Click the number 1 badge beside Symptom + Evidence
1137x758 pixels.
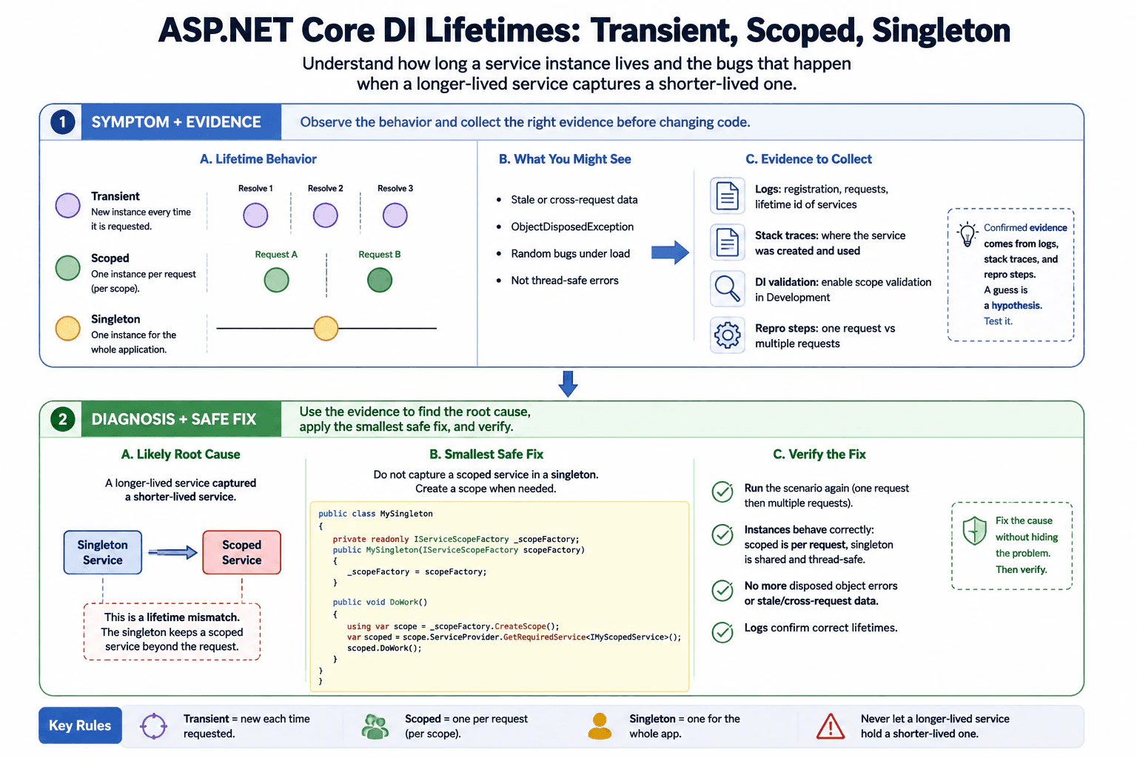point(62,122)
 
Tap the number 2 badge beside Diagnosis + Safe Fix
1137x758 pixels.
point(62,419)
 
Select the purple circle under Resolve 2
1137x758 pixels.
point(326,215)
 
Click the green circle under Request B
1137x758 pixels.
point(380,281)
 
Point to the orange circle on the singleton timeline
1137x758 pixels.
point(326,328)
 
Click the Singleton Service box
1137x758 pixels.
point(103,552)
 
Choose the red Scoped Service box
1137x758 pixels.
point(241,552)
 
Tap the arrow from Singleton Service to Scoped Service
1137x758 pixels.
point(172,552)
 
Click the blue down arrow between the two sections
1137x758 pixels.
point(568,384)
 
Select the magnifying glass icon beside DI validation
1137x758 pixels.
point(728,289)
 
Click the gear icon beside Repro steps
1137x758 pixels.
point(728,335)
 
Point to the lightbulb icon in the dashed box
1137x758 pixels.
point(967,234)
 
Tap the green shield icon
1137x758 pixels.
point(975,531)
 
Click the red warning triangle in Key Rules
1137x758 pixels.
point(831,726)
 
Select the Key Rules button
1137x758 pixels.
point(80,725)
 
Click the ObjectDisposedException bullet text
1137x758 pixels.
point(572,227)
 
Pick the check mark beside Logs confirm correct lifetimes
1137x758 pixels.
point(722,632)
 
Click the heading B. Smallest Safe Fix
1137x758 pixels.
point(486,454)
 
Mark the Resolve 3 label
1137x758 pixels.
point(395,188)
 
